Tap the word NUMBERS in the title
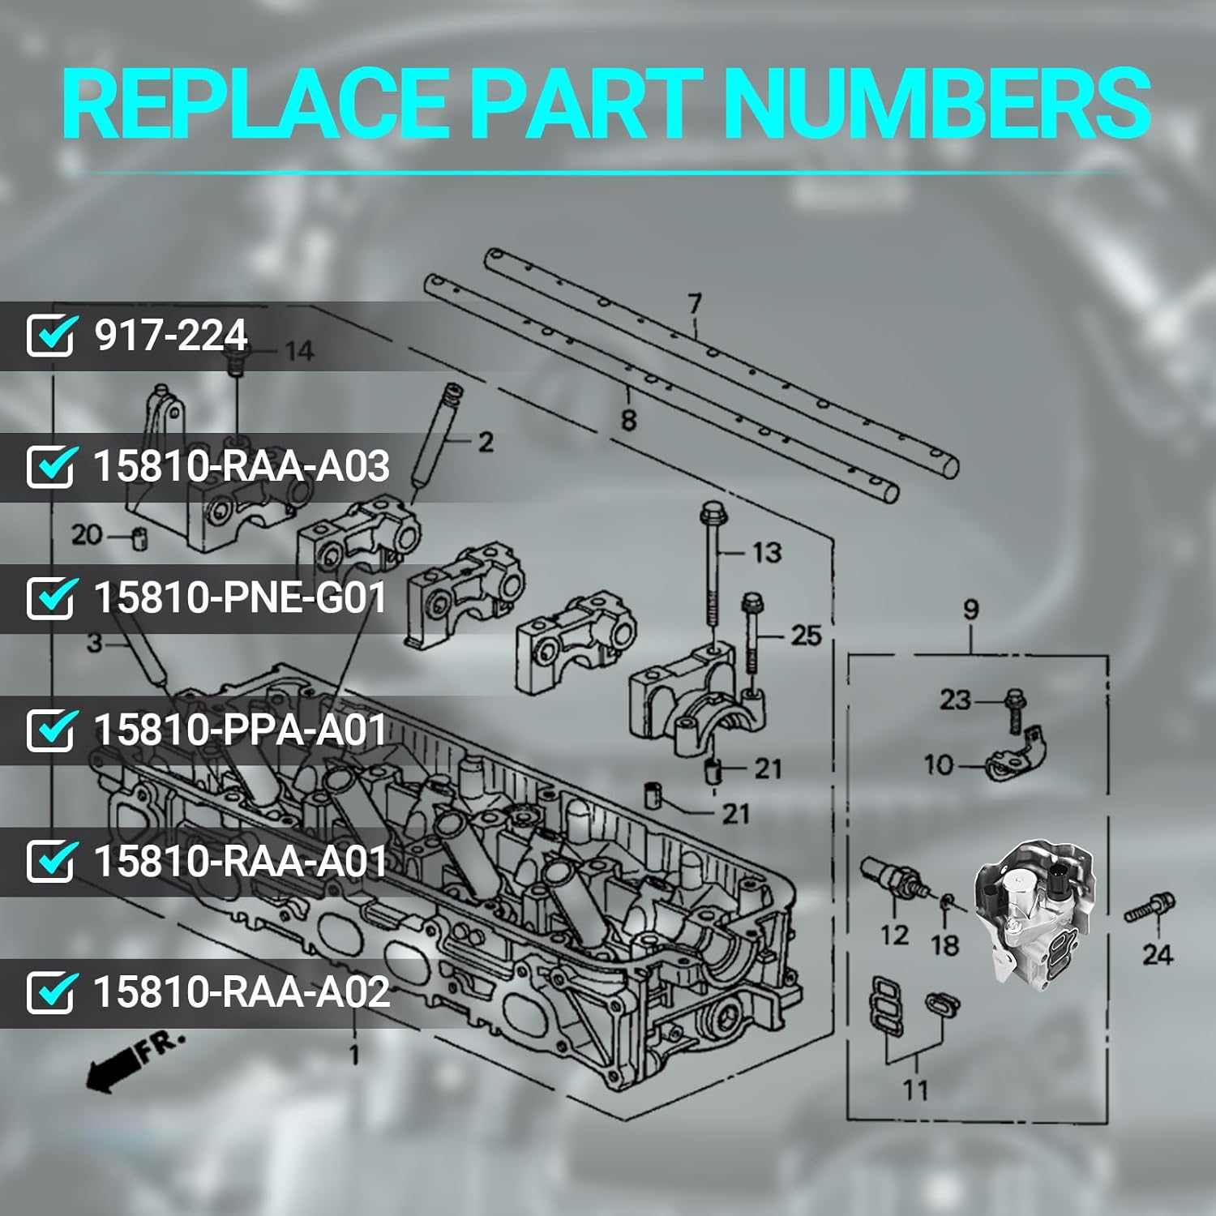936,105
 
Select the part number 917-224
170,335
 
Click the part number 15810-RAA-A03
241,466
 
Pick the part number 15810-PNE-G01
240,597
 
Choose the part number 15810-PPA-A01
240,729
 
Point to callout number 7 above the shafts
695,304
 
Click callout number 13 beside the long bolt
766,553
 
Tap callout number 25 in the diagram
806,636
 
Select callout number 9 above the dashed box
970,610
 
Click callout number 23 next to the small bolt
955,700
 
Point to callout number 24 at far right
1157,954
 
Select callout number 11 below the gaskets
915,1090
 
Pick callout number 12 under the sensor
894,936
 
